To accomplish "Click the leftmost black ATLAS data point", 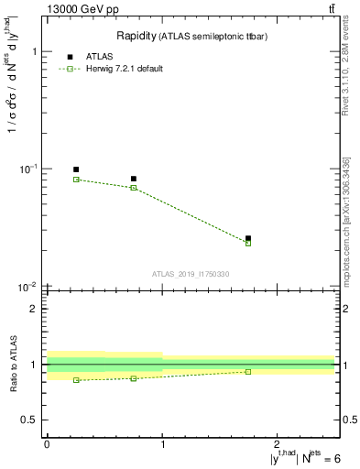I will (x=76, y=169).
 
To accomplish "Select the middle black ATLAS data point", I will (x=134, y=179).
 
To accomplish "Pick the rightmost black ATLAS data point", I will (x=248, y=238).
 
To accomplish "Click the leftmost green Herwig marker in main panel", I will (x=76, y=180).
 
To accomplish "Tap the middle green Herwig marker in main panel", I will (x=134, y=188).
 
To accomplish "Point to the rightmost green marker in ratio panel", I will (x=248, y=372).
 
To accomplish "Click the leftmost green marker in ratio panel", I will (x=76, y=380).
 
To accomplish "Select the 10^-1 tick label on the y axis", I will (x=27, y=169).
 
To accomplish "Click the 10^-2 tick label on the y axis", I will (x=27, y=287).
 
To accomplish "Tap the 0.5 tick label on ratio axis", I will (x=29, y=420).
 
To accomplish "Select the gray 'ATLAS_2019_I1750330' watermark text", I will (x=191, y=274).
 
